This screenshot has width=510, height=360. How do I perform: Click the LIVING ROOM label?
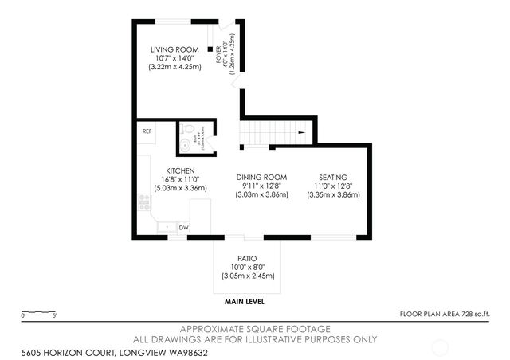[175, 50]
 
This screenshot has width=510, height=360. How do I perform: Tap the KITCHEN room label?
[180, 170]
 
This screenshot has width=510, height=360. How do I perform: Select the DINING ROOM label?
[261, 176]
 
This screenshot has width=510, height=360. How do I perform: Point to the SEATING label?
[333, 176]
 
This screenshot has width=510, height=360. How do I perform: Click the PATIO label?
[248, 258]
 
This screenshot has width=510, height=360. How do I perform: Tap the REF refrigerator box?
[147, 131]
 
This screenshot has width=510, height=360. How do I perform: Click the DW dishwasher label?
[183, 228]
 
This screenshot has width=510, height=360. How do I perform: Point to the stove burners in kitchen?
[144, 204]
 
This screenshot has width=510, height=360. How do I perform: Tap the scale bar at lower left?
[38, 312]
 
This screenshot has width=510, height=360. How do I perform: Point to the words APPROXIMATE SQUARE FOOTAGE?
[254, 328]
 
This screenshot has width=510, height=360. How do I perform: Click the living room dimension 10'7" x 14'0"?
[175, 59]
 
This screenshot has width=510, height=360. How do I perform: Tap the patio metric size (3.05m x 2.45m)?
[248, 276]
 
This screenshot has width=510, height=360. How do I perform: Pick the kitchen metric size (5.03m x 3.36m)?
[180, 189]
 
